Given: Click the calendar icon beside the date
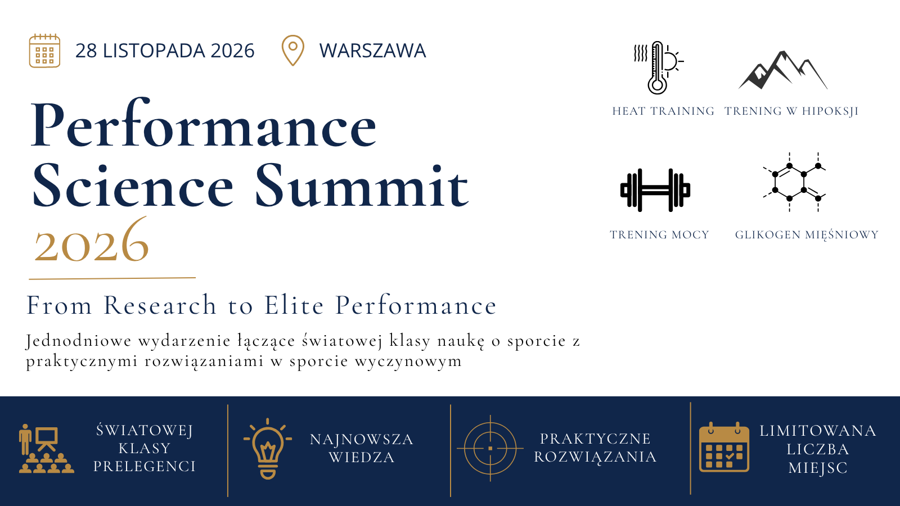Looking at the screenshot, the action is (x=44, y=51).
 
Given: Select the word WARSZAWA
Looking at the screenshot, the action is (x=372, y=51).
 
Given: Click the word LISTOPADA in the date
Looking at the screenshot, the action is (x=154, y=51).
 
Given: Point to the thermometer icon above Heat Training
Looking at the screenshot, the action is (x=658, y=67).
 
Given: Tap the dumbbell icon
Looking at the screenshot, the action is (x=655, y=190).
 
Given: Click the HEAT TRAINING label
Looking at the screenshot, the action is (x=663, y=111).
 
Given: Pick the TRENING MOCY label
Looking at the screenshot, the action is (x=659, y=234).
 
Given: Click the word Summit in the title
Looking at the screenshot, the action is (x=362, y=186).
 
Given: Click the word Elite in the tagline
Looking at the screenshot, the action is (x=294, y=305).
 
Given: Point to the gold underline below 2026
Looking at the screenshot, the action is (x=112, y=278).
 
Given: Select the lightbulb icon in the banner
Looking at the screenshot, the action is (x=268, y=449).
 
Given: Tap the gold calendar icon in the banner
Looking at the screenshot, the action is (x=724, y=447).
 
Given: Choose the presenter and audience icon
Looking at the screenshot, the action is (x=47, y=449).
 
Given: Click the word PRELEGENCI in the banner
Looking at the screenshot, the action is (x=145, y=467).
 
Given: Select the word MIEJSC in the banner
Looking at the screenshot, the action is (x=818, y=468).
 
